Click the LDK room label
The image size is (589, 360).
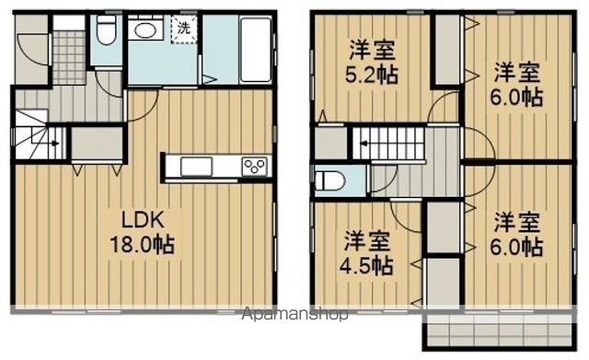pos(143,220)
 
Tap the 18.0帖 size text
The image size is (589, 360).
pos(142,245)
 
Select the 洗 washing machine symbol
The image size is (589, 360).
pos(184,28)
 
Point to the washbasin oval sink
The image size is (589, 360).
pos(145,30)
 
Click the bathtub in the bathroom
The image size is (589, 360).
pos(256,49)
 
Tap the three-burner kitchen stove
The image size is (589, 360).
pos(255,166)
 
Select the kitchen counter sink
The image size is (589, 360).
pos(196,167)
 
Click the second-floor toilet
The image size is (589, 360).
pos(329,181)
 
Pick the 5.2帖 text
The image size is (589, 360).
pos(371,75)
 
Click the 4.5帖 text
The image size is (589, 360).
pos(366,266)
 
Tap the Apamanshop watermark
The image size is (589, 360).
pos(294,314)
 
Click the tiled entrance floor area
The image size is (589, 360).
pos(69,57)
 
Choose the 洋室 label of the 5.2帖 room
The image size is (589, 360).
pos(372,51)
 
